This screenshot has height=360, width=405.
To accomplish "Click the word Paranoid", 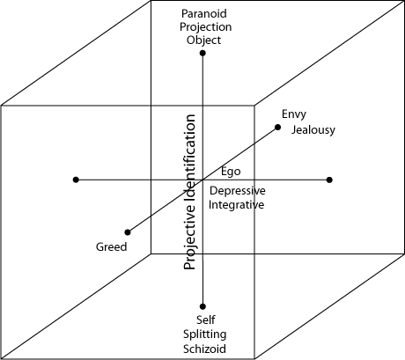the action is point(204,13).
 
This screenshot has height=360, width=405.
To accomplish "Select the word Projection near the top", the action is point(205,27).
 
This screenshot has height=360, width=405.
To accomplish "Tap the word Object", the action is point(203,40).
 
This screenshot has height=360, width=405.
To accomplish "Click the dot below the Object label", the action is point(202,53).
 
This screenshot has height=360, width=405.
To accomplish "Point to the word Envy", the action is point(294,114).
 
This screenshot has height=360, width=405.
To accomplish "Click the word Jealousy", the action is point(313,130).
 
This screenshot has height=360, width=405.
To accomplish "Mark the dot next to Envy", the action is point(277,127).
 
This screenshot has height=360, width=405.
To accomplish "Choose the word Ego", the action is point(231,172).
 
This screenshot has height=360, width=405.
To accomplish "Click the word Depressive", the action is point(238,191).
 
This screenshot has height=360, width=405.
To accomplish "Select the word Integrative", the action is point(236,205).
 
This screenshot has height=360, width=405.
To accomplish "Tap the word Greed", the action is point(111,246).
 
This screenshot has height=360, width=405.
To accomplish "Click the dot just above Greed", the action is point(128,232).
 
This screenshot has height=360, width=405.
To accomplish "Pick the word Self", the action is point(206,320).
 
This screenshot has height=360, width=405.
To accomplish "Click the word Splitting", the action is point(204,334).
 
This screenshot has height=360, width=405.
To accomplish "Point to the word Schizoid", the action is point(204,349).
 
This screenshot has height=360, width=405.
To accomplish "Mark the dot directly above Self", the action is point(202,306).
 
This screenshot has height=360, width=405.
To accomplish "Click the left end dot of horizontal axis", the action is point(76,180).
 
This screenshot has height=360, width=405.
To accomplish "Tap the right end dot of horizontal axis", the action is point(329,180).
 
